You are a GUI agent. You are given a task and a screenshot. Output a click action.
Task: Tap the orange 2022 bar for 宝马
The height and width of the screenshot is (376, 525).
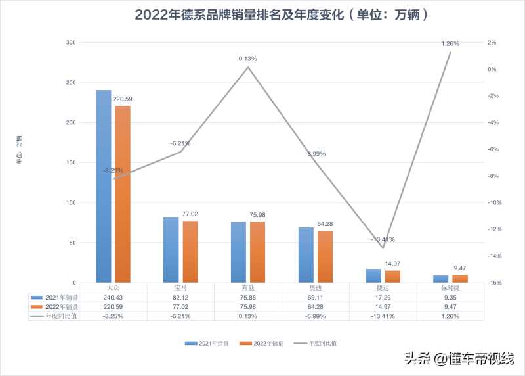tap(190, 252)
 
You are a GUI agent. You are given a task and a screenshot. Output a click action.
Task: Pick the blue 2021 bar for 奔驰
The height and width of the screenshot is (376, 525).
tap(238, 252)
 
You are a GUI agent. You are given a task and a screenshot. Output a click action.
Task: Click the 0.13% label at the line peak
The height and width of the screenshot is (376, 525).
tap(248, 59)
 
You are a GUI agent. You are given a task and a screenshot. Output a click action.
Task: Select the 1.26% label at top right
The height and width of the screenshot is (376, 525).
tap(450, 43)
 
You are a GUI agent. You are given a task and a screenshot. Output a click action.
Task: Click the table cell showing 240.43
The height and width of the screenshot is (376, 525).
tap(113, 297)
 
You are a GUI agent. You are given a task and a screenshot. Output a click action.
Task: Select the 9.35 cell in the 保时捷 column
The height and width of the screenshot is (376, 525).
tap(450, 297)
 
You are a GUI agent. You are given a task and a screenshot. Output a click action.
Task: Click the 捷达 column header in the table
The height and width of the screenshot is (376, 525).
tap(383, 288)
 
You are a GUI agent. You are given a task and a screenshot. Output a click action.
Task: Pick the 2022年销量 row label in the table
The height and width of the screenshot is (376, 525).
tap(63, 306)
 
